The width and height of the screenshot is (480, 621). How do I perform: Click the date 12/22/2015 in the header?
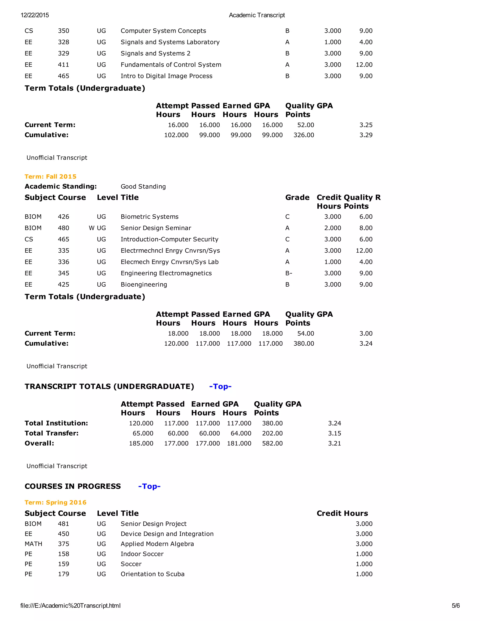(x=35, y=15)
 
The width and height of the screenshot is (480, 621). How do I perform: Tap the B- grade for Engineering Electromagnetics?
(x=288, y=273)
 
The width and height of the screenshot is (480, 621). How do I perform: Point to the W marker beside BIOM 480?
(x=91, y=228)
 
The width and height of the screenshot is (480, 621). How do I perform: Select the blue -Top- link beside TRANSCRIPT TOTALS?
(x=220, y=386)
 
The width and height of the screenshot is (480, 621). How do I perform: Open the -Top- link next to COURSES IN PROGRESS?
(x=149, y=486)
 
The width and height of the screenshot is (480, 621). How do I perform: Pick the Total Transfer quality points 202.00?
(x=272, y=433)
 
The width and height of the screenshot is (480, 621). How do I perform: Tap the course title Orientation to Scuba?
(x=152, y=574)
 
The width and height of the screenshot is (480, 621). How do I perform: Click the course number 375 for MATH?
(x=64, y=544)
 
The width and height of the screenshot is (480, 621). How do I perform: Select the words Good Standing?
(x=143, y=186)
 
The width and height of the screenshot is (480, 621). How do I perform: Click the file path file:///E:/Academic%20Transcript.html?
(x=71, y=605)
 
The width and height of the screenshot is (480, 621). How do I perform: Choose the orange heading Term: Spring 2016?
(x=56, y=502)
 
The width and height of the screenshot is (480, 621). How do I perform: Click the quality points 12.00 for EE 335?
(x=364, y=250)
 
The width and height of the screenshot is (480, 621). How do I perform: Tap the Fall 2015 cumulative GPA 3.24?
(x=366, y=343)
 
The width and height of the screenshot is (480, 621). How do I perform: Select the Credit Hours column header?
(x=342, y=513)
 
